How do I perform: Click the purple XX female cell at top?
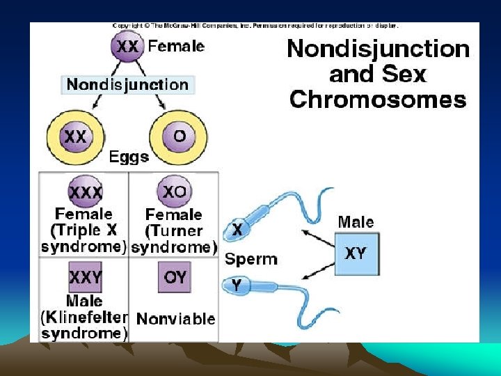click(x=127, y=46)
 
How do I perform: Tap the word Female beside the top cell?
click(x=176, y=47)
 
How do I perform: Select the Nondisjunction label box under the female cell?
click(x=127, y=85)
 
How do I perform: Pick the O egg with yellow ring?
click(x=180, y=136)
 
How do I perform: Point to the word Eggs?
click(x=129, y=157)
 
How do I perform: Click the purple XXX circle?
click(x=85, y=191)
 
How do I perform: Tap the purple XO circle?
click(x=174, y=191)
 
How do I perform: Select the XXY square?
click(x=85, y=278)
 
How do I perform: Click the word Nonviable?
click(x=176, y=319)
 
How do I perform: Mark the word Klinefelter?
click(x=88, y=318)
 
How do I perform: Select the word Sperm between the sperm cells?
click(x=251, y=259)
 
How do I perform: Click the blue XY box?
click(x=355, y=253)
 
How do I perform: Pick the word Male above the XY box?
click(x=356, y=222)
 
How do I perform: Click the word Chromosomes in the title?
click(x=378, y=99)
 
